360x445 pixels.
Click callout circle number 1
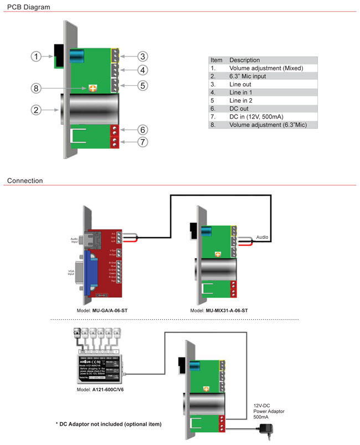36,57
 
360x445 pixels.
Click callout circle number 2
36,110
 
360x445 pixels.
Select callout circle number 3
142,57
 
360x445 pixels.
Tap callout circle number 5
142,85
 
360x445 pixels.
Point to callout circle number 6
142,130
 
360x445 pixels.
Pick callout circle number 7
142,143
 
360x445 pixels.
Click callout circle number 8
36,88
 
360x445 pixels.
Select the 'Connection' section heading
25,181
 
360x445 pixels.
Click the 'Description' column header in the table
244,60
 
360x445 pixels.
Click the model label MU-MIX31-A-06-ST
219,310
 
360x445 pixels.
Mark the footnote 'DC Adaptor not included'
109,424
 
